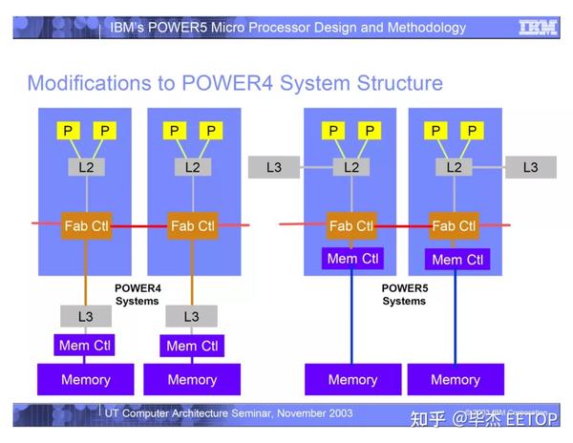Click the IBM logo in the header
pos(538,27)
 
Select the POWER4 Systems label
pos(138,294)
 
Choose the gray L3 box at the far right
pos(530,167)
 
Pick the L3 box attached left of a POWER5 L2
pos(274,167)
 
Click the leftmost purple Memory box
pos(86,379)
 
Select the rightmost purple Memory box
pos(455,379)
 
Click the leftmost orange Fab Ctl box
pos(87,226)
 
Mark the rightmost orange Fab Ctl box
pos(455,226)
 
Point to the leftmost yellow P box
pos(68,130)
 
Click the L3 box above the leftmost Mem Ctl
pos(86,316)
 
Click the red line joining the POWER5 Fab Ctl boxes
pos(403,226)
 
